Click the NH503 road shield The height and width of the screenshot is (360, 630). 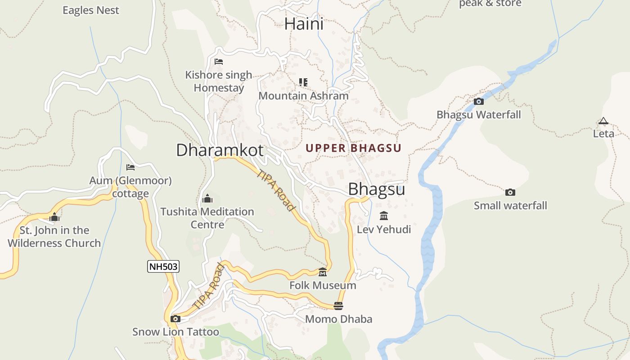pos(163,266)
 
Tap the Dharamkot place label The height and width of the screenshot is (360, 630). pos(220,150)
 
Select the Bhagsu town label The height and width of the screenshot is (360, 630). pos(377,189)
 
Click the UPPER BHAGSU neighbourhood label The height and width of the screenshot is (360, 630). pos(353,148)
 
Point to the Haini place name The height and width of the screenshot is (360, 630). pos(304,24)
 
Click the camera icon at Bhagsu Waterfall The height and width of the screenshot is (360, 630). pos(479,101)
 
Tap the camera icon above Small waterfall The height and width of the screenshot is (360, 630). pos(510,192)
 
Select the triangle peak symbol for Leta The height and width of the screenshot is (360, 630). pos(603,121)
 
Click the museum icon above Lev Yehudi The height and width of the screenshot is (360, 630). pos(384,216)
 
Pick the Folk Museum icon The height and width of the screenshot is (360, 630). pos(323,272)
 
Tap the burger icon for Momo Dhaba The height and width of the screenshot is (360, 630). pos(338,306)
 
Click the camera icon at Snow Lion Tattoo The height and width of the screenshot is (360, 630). pos(175,319)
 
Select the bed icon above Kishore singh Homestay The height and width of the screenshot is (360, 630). pos(219,62)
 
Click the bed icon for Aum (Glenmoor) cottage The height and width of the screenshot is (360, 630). pos(130,167)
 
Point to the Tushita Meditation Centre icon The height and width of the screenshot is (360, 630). pos(207,198)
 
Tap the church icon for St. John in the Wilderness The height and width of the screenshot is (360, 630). pos(54,217)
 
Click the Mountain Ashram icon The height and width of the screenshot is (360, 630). pos(303,82)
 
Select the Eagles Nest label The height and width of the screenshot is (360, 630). pos(91,10)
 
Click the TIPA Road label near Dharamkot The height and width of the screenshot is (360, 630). pos(276,190)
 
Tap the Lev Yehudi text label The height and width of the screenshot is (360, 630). pos(384,229)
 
